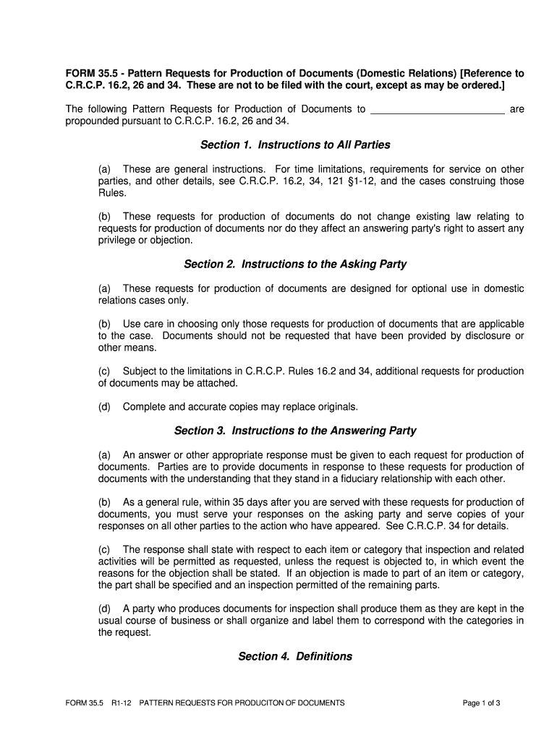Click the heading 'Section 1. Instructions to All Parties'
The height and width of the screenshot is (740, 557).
[295, 145]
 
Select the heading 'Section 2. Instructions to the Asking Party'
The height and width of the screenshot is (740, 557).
[295, 264]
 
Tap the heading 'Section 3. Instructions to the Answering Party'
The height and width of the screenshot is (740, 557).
[295, 431]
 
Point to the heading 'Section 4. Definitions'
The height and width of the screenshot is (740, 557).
[295, 656]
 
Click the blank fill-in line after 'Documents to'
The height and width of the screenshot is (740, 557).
[437, 110]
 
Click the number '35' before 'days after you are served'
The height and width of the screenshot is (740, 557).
[250, 502]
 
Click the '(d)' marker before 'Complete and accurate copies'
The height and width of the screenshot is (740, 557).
[104, 407]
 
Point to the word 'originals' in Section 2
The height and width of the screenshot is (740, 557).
[337, 407]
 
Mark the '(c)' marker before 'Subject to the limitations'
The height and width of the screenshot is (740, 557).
[104, 371]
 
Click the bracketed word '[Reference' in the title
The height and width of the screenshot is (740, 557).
[483, 74]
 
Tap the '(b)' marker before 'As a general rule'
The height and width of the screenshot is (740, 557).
[104, 502]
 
